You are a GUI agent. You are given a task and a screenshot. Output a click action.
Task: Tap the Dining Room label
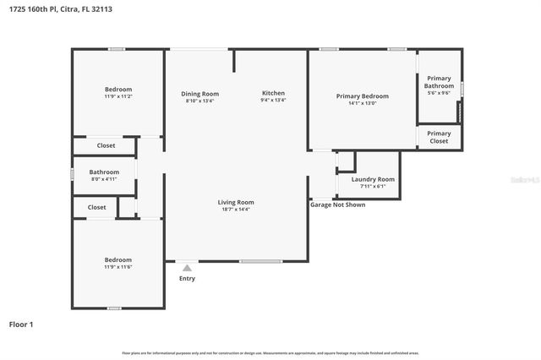click(200, 93)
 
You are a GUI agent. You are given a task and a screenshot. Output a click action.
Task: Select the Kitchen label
click(273, 93)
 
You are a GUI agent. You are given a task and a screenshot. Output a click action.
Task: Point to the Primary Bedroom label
click(363, 96)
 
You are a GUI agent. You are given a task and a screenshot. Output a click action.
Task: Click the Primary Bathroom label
click(439, 82)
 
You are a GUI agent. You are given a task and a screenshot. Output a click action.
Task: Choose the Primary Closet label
click(439, 137)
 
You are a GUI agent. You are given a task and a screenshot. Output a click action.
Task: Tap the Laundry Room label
click(373, 179)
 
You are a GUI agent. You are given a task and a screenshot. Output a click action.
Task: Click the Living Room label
click(236, 202)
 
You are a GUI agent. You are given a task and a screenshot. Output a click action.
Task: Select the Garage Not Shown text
click(337, 205)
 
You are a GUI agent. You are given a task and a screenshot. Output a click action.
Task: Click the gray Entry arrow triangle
click(187, 268)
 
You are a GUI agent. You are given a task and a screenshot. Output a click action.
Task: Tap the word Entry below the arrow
click(187, 279)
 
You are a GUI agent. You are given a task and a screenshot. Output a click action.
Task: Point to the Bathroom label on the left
click(105, 172)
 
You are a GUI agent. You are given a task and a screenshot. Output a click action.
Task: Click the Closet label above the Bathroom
click(106, 145)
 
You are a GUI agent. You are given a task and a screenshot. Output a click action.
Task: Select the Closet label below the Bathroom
click(97, 207)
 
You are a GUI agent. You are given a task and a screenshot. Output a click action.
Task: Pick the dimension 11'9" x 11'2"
click(118, 96)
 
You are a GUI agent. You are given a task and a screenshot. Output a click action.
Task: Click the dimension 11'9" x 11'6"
click(118, 267)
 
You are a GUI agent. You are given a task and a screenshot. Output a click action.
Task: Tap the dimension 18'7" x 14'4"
click(236, 210)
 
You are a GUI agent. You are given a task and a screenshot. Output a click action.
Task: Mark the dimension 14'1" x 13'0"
click(363, 104)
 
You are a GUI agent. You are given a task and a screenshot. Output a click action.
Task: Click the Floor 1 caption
click(20, 324)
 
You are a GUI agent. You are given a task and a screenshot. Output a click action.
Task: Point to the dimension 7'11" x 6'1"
click(373, 187)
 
